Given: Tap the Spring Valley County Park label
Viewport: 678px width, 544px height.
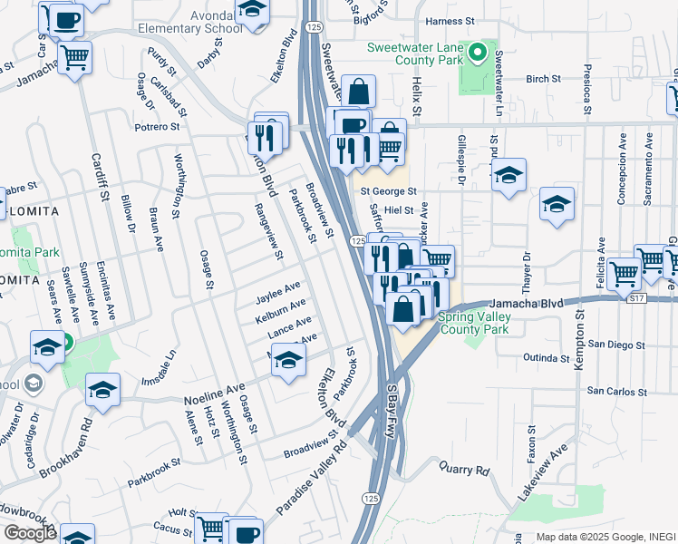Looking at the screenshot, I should (x=474, y=324).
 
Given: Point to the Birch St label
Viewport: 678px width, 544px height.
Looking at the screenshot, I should (x=543, y=80).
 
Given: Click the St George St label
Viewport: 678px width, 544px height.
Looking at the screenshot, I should (x=388, y=191).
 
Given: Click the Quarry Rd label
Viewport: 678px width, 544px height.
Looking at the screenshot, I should (x=463, y=471).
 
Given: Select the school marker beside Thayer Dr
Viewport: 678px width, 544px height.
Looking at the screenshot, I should (x=509, y=175).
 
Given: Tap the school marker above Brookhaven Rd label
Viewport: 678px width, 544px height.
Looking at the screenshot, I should (x=103, y=390).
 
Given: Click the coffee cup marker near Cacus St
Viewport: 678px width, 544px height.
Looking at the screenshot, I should (x=245, y=531).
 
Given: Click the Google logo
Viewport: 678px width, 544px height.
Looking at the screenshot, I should (x=30, y=533).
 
